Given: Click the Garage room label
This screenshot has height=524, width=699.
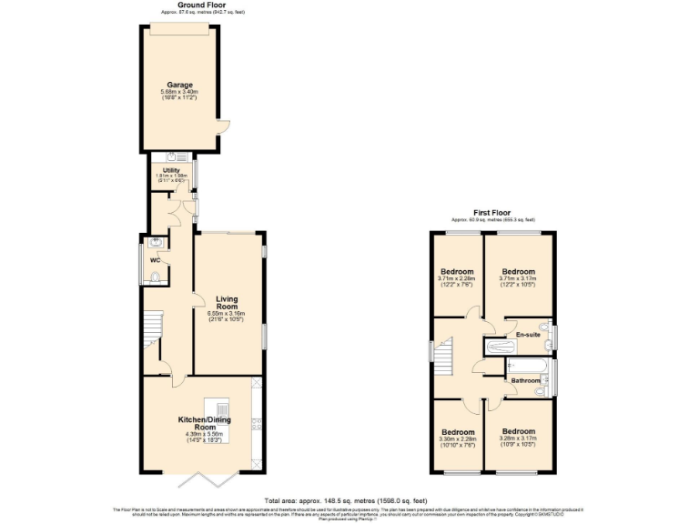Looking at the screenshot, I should pyautogui.click(x=178, y=85).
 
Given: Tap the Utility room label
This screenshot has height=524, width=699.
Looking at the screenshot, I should pyautogui.click(x=171, y=169).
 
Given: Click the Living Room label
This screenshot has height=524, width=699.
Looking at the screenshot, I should pyautogui.click(x=227, y=303).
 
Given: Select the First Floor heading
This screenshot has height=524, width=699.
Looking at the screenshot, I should pyautogui.click(x=492, y=213).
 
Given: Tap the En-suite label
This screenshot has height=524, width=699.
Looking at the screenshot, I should pyautogui.click(x=528, y=335).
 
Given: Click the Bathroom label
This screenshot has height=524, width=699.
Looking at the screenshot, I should pyautogui.click(x=524, y=380).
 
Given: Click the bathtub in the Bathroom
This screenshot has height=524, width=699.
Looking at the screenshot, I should pyautogui.click(x=525, y=367).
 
